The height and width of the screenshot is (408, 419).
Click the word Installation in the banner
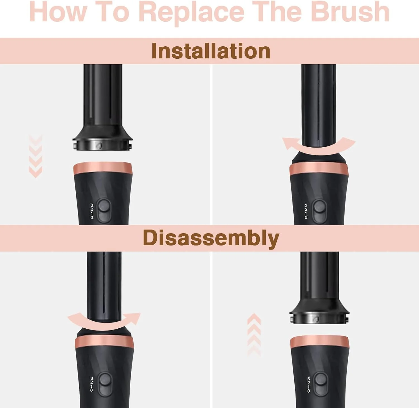pos(211,51)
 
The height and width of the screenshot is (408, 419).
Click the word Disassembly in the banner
pos(211,238)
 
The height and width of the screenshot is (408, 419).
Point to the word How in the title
pos(58,11)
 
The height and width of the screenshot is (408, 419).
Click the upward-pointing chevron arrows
pos(254,335)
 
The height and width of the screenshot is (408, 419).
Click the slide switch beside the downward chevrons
pos(104,210)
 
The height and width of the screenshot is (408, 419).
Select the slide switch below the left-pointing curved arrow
pos(319,211)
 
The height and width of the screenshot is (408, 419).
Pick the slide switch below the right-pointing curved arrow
pos(104,384)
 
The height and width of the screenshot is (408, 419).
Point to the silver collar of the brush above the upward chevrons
pos(320,318)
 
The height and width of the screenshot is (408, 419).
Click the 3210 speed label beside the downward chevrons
pos(92,211)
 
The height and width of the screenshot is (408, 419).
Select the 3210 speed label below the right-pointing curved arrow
pos(92,384)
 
